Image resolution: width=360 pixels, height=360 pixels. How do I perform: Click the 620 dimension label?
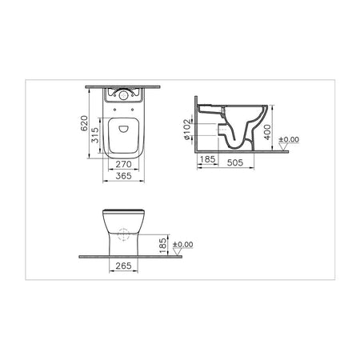[x=84, y=123]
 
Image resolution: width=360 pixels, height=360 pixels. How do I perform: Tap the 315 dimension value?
[x=95, y=135]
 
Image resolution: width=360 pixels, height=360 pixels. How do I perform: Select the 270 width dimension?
[x=123, y=164]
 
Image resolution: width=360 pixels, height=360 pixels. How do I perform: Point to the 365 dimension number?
[x=123, y=176]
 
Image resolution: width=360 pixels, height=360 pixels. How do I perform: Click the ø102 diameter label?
[x=187, y=130]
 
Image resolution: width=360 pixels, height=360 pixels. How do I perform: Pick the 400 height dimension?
[x=267, y=132]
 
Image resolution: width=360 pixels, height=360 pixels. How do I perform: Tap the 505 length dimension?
[x=235, y=162]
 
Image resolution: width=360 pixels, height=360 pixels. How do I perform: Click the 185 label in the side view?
[x=207, y=159]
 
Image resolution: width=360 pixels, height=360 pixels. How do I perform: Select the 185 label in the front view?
[x=162, y=246]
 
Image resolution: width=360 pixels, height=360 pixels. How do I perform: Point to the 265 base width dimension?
[x=123, y=266]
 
